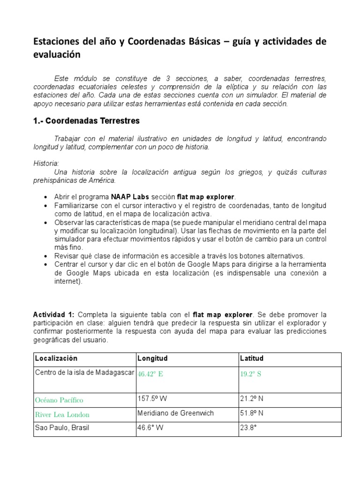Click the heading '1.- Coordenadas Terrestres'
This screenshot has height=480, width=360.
(86, 120)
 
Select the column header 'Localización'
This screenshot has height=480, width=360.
(56, 359)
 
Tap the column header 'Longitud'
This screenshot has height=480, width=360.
(152, 359)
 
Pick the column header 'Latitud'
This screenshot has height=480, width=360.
(252, 359)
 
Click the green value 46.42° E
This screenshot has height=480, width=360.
(150, 374)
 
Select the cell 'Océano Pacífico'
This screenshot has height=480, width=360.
(59, 400)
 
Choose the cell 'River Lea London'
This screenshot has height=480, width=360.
(62, 415)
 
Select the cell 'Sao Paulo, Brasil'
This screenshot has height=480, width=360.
(62, 427)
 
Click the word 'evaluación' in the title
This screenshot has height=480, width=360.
(57, 55)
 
